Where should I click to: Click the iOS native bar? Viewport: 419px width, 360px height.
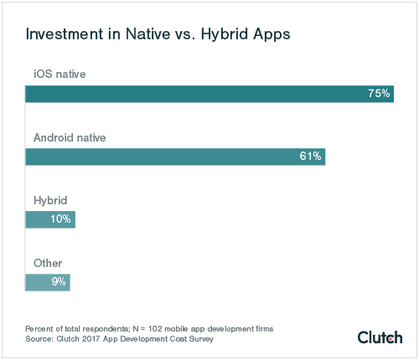pyautogui.click(x=209, y=94)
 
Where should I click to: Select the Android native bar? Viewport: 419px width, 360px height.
pyautogui.click(x=175, y=157)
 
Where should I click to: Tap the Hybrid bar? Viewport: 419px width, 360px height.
pyautogui.click(x=50, y=219)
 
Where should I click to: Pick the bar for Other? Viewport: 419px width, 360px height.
pyautogui.click(x=48, y=282)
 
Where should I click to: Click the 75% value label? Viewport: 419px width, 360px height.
pyautogui.click(x=379, y=94)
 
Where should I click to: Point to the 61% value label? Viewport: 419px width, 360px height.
pyautogui.click(x=310, y=157)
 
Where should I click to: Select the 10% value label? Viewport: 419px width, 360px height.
pyautogui.click(x=61, y=219)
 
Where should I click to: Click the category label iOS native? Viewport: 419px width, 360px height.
pyautogui.click(x=60, y=74)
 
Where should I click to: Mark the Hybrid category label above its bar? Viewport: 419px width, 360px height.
pyautogui.click(x=49, y=200)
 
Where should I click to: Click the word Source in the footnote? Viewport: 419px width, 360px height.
pyautogui.click(x=39, y=338)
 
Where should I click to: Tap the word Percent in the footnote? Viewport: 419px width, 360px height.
pyautogui.click(x=39, y=327)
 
